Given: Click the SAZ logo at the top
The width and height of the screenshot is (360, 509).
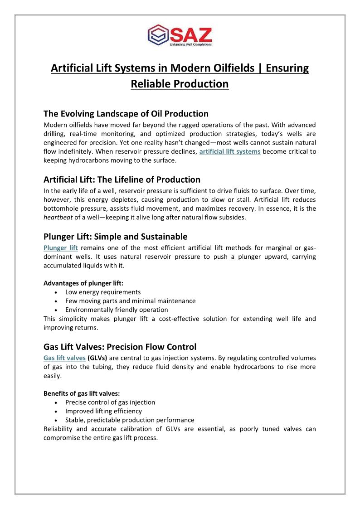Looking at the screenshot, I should click(x=180, y=36).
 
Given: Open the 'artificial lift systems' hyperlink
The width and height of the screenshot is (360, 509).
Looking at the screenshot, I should click(x=230, y=151).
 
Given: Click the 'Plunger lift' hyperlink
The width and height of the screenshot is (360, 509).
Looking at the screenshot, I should click(x=61, y=247).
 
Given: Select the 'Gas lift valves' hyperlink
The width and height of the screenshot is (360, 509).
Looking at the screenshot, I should click(x=64, y=358).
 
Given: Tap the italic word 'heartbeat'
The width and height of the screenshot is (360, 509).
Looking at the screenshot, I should click(x=58, y=218).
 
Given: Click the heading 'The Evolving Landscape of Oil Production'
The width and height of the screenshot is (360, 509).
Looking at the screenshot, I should click(x=126, y=113).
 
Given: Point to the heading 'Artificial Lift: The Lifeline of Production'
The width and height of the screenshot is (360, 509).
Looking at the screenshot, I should click(x=122, y=179).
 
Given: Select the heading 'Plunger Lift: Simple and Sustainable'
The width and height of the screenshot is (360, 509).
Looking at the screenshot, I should click(x=115, y=237).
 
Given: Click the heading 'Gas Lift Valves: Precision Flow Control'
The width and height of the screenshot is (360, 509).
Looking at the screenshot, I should click(x=120, y=347).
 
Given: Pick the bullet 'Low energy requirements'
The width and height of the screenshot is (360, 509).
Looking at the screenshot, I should click(x=103, y=292).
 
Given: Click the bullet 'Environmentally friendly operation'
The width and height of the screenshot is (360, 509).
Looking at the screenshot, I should click(x=117, y=310).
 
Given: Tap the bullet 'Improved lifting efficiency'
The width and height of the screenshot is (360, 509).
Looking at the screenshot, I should click(x=103, y=411).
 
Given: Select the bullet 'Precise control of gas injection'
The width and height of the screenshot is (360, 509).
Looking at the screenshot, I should click(x=110, y=402).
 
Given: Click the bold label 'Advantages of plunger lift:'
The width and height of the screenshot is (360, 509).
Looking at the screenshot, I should click(x=80, y=283).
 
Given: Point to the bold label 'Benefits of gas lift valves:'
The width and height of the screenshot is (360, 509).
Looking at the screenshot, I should click(x=80, y=393).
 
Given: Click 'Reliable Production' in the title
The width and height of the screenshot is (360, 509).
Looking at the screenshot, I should click(x=180, y=84).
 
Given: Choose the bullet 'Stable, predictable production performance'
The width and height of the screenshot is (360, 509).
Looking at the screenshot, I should click(x=130, y=420).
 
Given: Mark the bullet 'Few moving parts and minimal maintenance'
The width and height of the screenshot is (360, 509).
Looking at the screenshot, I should click(x=131, y=301).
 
